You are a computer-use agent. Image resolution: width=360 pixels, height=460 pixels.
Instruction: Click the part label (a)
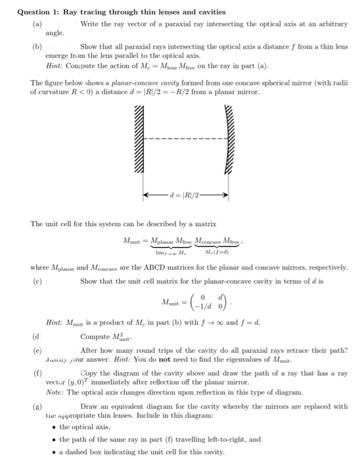coord(37,24)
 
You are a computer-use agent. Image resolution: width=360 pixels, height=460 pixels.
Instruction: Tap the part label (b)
coord(37,47)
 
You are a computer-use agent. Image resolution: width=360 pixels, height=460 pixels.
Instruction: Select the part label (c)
coord(37,281)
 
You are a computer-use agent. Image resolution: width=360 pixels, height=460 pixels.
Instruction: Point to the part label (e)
coord(37,350)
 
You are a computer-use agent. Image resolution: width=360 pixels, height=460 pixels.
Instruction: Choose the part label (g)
coord(37,407)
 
